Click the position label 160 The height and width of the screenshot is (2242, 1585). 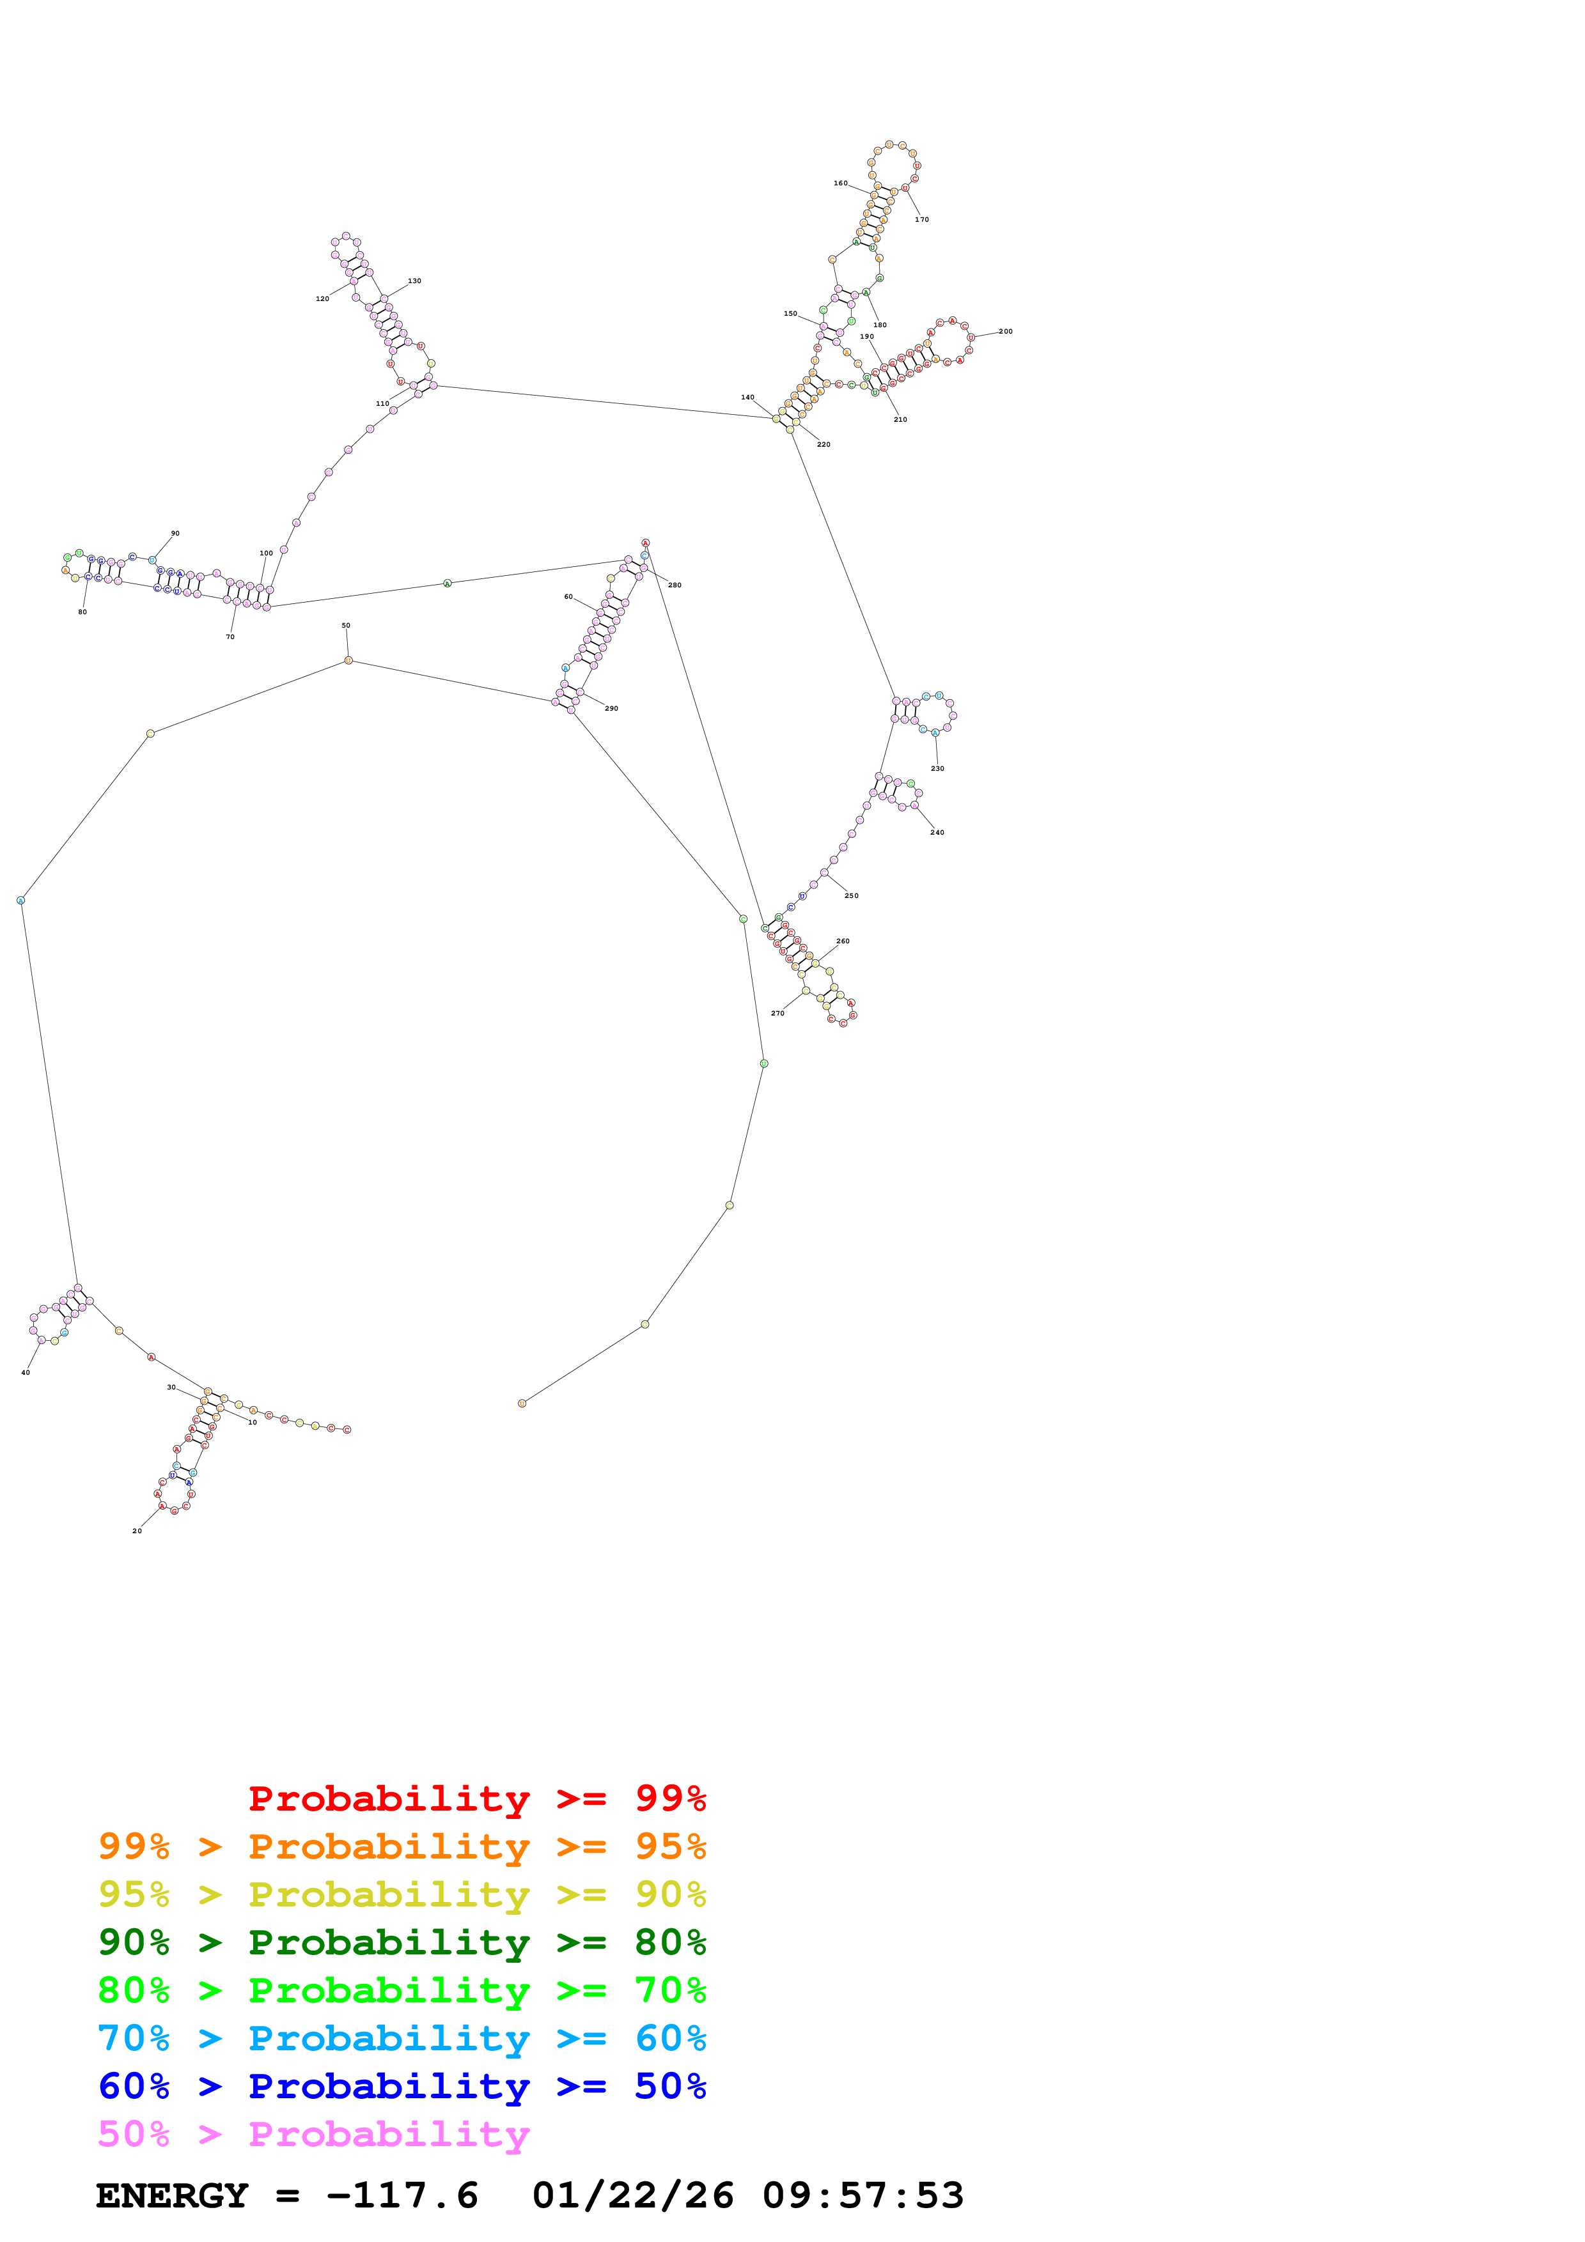(x=840, y=183)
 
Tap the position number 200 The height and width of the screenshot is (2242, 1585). (x=1005, y=332)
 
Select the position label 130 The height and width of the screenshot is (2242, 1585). (x=414, y=281)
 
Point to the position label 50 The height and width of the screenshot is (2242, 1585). (x=346, y=626)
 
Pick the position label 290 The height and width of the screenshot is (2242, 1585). (x=611, y=709)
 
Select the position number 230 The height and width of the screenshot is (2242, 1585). (x=937, y=768)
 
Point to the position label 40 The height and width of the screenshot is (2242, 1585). (x=26, y=1373)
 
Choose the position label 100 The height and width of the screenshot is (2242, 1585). (x=265, y=553)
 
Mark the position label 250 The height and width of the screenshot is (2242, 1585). (x=852, y=895)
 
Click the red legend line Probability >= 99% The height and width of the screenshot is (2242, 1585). (x=476, y=1798)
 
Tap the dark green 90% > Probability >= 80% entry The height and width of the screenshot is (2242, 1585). (x=402, y=1942)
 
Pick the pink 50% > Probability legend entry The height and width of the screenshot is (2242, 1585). (x=313, y=2135)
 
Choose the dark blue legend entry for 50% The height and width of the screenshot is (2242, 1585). (x=402, y=2086)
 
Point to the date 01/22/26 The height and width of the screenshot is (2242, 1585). (x=633, y=2196)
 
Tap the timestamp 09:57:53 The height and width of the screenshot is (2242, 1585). (x=863, y=2196)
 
